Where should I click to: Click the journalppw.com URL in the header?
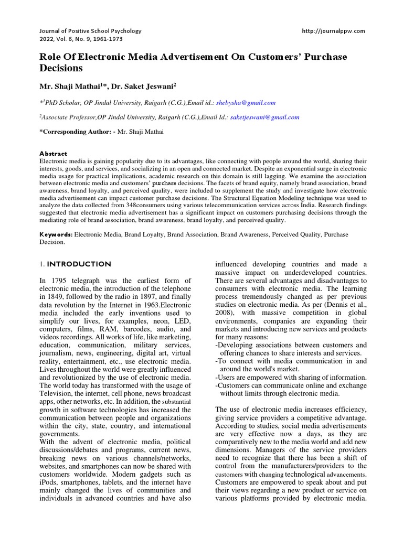[x=333, y=31]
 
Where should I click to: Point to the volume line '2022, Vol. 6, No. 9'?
[x=66, y=40]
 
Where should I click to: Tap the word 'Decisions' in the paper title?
[x=61, y=68]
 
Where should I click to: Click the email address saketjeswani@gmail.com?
[x=265, y=117]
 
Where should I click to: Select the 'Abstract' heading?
[x=55, y=154]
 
